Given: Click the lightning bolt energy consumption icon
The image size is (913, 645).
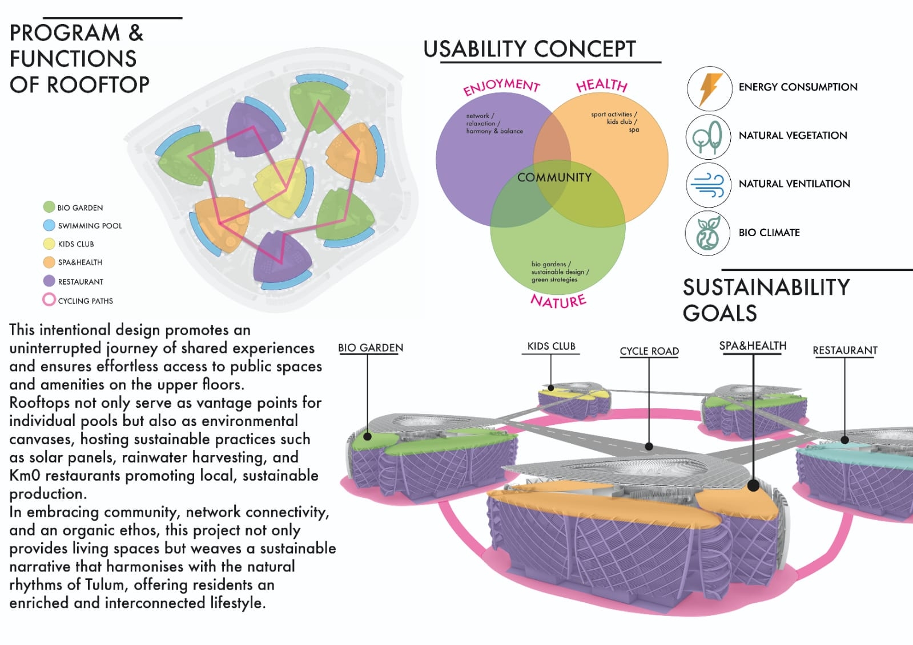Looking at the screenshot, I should coord(709,88).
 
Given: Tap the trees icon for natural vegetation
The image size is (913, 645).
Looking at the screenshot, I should coord(708,137).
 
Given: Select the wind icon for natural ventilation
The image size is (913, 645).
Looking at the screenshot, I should coord(708,185).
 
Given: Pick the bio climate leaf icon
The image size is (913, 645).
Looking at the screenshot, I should coord(708,233).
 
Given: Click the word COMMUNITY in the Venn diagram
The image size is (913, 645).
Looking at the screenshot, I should coord(554,177).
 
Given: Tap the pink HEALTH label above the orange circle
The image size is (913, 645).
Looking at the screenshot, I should coord(601,86).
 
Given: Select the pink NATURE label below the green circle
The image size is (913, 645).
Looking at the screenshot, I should coord(558,301).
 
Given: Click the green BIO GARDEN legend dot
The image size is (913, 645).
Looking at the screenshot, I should coord(49,207).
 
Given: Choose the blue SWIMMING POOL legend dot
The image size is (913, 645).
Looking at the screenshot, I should coord(49,225).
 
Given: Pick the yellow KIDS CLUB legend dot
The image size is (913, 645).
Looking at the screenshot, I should coord(49,244).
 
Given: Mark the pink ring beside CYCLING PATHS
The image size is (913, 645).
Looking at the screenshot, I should coord(49,299).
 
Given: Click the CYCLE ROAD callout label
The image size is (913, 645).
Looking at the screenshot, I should coord(649,351).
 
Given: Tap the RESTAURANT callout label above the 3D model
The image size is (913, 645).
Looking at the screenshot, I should coord(844,350).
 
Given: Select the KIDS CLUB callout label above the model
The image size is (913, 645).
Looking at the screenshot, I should coord(551,346).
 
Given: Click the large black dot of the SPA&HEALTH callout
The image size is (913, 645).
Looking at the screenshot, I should coord(753,486).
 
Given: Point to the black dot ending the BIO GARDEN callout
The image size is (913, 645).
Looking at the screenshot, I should coord(368,437).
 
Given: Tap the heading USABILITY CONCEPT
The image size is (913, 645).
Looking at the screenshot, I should coord(529,50).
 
